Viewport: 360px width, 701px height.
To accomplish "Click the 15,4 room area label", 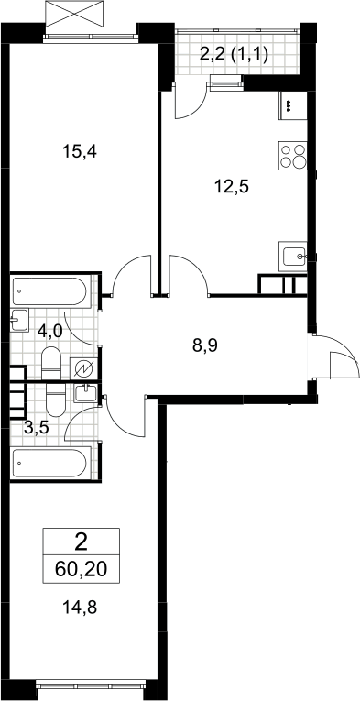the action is (x=80, y=152).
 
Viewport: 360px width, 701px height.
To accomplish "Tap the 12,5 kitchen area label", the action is (x=231, y=186).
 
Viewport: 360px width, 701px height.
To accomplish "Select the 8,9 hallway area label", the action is (x=205, y=345).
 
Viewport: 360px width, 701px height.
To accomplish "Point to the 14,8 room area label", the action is (x=81, y=608).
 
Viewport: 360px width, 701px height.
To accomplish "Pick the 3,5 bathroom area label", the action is (x=36, y=428).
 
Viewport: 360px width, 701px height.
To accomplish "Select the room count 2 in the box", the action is (x=82, y=543).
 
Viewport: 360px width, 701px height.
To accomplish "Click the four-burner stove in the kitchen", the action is (x=292, y=155).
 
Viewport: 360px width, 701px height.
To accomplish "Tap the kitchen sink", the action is (x=292, y=257).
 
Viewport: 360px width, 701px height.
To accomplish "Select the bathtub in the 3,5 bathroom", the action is (x=50, y=463).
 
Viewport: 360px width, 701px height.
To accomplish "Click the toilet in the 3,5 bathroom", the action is (x=56, y=400).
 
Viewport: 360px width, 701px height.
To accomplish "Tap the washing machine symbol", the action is (x=83, y=368).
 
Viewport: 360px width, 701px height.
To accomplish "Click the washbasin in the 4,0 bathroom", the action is (x=19, y=320).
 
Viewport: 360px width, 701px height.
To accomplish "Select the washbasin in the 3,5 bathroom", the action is (x=85, y=393).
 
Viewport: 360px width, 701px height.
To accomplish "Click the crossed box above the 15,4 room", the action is (x=74, y=14).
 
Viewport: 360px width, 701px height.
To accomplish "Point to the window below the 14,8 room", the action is (x=91, y=684).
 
